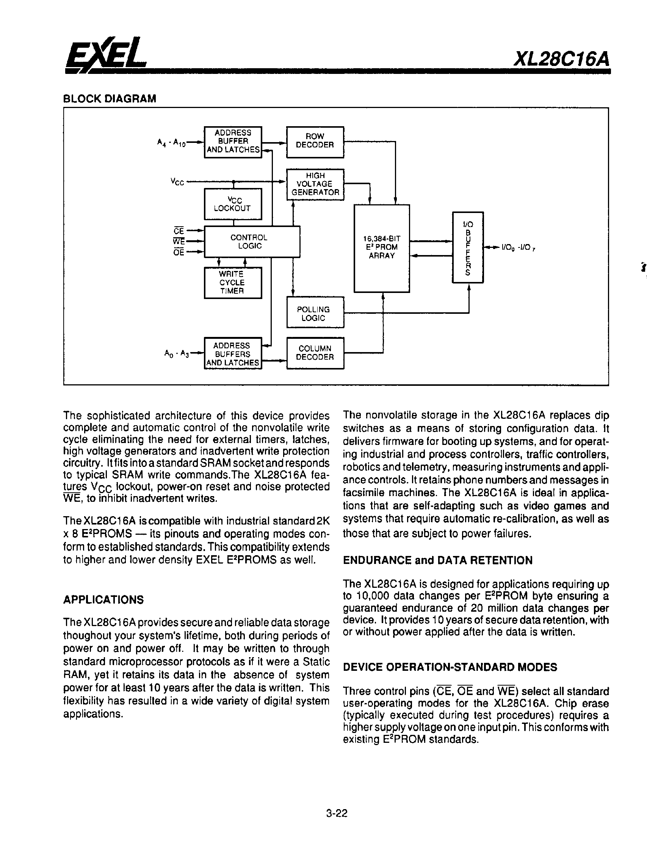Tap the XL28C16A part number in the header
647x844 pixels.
[x=562, y=59]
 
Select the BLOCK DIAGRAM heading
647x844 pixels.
[x=110, y=99]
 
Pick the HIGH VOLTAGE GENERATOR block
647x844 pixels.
[x=315, y=184]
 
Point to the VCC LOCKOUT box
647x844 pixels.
[x=233, y=204]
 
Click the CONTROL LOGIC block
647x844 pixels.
[x=251, y=241]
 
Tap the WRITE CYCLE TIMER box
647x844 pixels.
[x=233, y=282]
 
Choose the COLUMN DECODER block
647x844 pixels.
[x=315, y=353]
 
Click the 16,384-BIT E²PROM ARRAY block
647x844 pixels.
[x=382, y=248]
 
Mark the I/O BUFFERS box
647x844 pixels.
[x=468, y=247]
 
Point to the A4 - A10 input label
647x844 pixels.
[x=171, y=143]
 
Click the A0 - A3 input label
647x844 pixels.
[x=177, y=354]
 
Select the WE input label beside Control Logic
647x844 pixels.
[x=179, y=241]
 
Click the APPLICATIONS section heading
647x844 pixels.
[x=103, y=600]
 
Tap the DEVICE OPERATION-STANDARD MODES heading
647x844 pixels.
[x=450, y=667]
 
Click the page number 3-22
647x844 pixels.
[x=337, y=813]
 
